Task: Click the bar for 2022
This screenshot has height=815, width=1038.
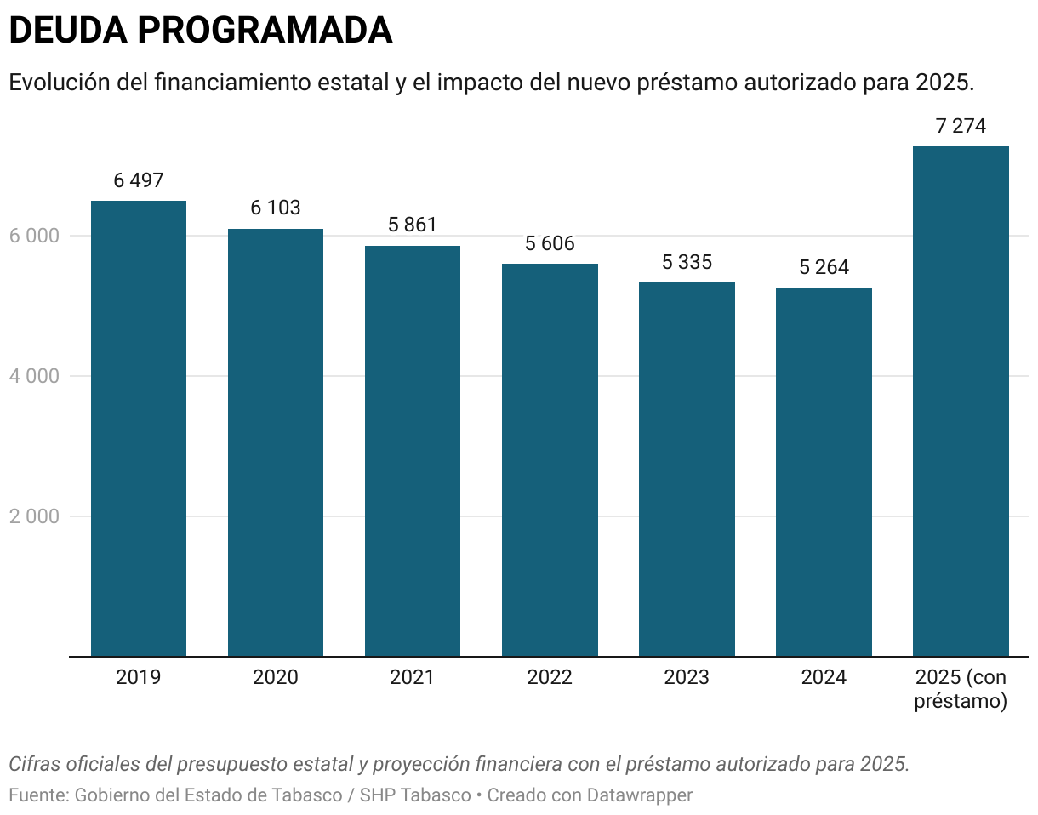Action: tap(550, 459)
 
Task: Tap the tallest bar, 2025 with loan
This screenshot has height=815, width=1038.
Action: tap(961, 401)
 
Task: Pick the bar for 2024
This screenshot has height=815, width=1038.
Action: tap(824, 471)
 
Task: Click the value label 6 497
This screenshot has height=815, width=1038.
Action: tap(138, 180)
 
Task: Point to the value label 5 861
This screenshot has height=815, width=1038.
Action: tap(412, 225)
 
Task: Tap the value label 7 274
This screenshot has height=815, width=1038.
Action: tap(961, 126)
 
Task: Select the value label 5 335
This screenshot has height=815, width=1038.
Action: tap(687, 262)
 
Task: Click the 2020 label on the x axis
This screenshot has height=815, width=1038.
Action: tap(276, 678)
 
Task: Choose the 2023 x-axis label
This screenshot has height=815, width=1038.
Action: tap(687, 678)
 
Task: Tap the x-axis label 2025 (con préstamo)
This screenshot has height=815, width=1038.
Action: tap(961, 690)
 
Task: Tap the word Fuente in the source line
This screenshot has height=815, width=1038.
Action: tap(36, 796)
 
